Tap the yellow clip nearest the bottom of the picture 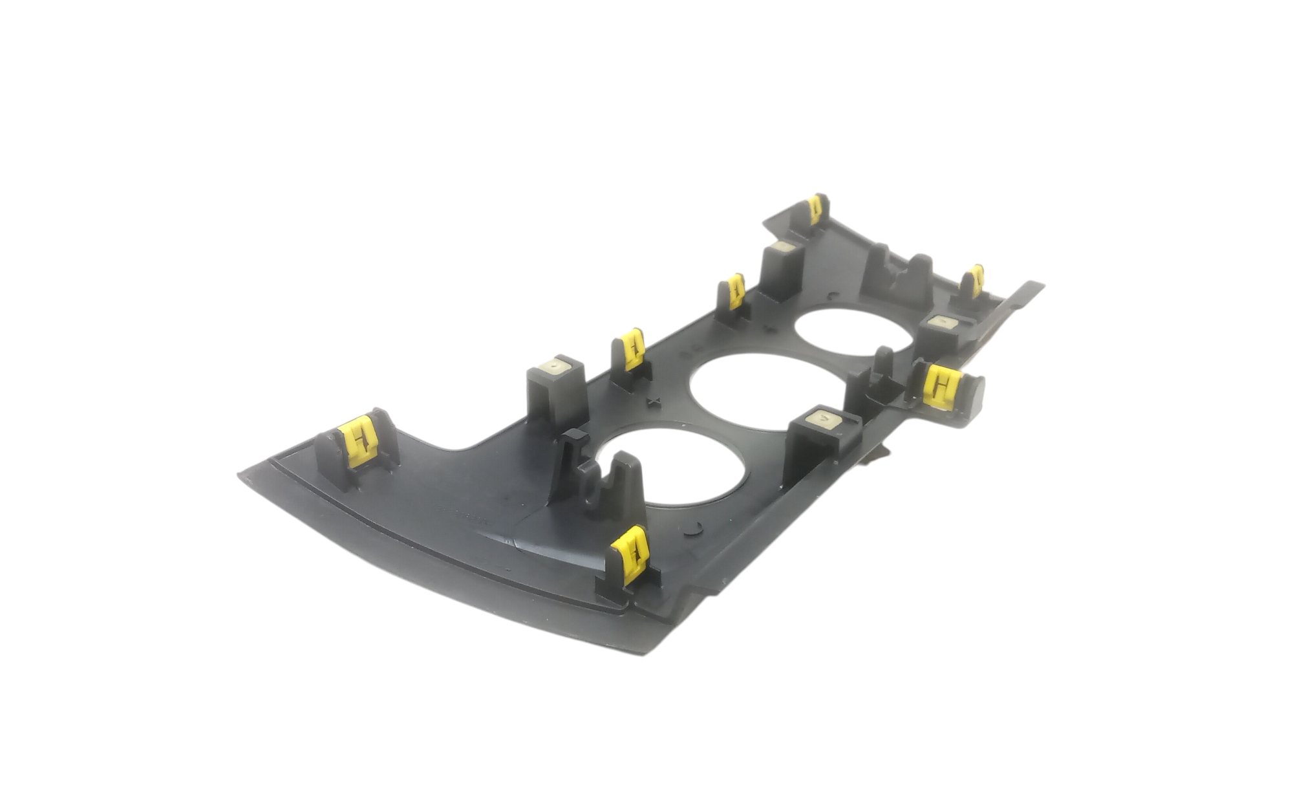pyautogui.click(x=631, y=554)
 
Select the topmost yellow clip pyautogui.click(x=817, y=208)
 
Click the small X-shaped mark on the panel pyautogui.click(x=655, y=402)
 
